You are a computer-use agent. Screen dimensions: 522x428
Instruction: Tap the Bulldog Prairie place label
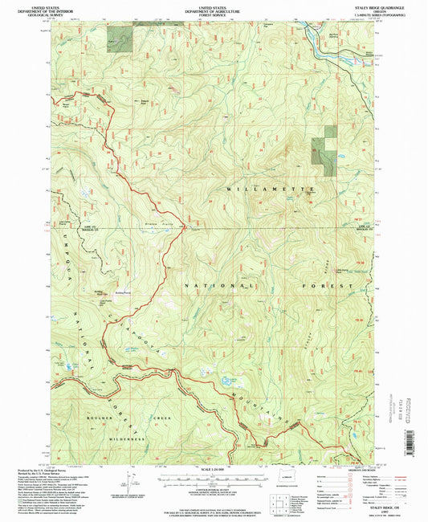click(122, 293)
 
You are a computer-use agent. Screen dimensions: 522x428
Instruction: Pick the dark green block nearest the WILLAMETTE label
click(324, 149)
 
